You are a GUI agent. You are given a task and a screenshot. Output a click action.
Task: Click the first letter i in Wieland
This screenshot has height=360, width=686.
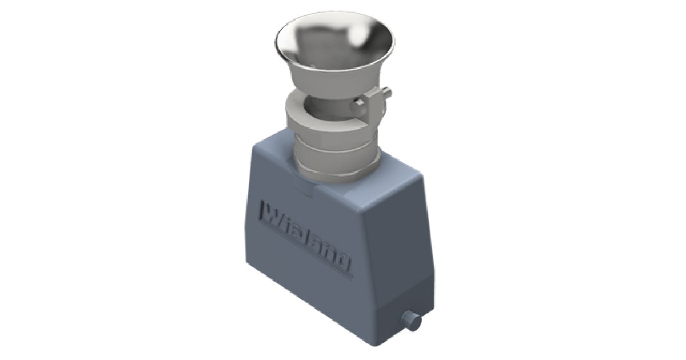(x=285, y=222)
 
